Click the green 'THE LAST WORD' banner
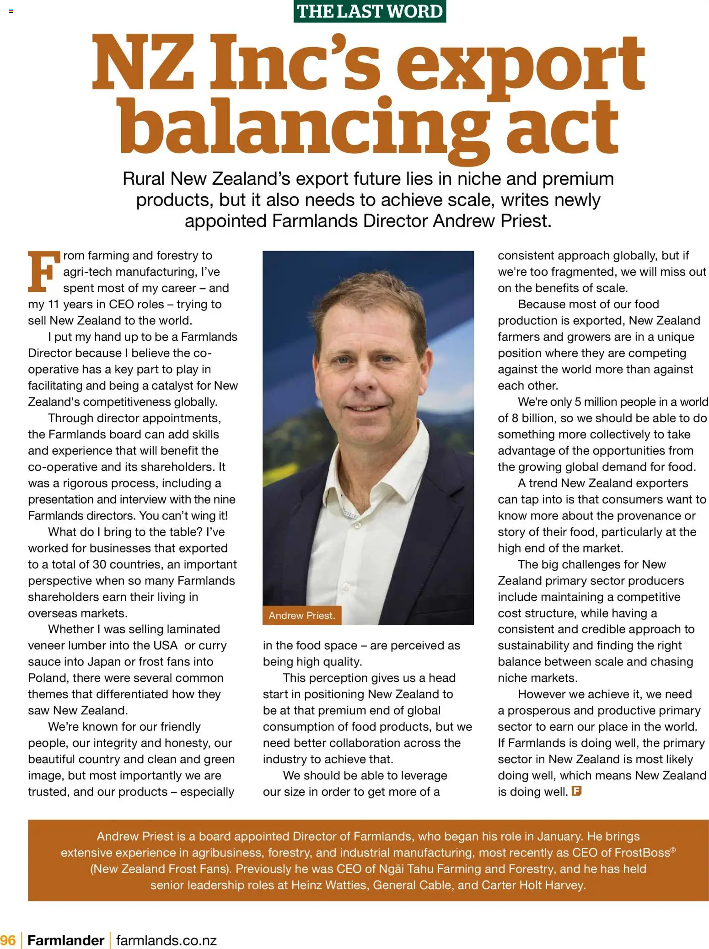coord(370,11)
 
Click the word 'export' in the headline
coord(521,64)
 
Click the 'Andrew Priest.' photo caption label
coord(302,616)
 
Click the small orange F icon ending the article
coord(576,791)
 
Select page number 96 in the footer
coord(8,940)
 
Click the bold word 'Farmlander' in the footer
coord(66,940)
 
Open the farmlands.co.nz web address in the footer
coord(167,940)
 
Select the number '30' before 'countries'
coord(99,564)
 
